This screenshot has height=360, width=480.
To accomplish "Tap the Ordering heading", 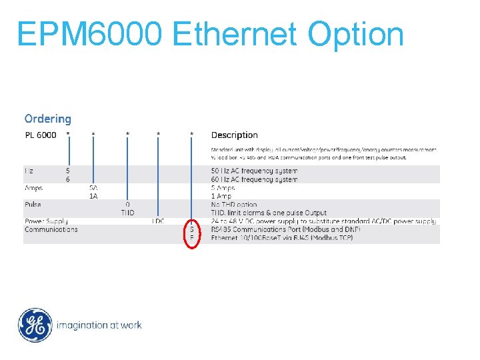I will click(47, 119).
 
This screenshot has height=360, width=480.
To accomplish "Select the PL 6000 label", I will click(41, 135).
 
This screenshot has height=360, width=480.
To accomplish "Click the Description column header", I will click(234, 135).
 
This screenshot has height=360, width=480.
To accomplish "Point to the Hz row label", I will click(29, 171).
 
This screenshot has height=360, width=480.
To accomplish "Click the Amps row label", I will click(33, 188).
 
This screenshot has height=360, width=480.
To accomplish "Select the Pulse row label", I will click(33, 205).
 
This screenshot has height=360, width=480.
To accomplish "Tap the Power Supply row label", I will click(46, 221).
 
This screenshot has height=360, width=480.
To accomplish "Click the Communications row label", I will click(51, 229).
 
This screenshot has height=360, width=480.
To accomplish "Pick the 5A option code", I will click(93, 188).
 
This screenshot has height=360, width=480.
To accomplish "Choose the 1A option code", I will click(93, 196).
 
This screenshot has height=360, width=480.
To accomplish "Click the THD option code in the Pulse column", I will click(127, 213).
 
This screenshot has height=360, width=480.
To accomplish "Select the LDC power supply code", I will click(158, 221).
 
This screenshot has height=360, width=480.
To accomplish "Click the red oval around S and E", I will click(192, 233).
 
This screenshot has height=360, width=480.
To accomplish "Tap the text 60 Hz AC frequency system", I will click(254, 179).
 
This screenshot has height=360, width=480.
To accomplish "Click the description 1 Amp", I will click(221, 196).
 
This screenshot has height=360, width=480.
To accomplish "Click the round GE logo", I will click(35, 325).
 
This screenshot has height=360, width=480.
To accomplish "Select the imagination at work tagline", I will click(99, 325).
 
